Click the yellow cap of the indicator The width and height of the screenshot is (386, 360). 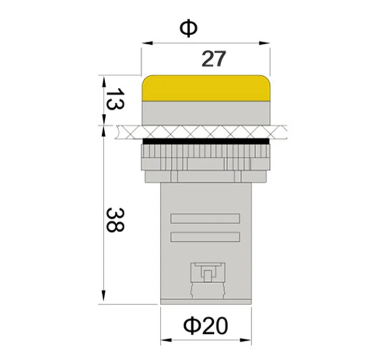pyautogui.click(x=206, y=88)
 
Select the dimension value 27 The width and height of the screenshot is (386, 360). pyautogui.click(x=213, y=59)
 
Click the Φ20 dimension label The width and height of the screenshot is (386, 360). pyautogui.click(x=206, y=327)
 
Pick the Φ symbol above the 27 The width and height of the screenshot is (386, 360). pyautogui.click(x=188, y=29)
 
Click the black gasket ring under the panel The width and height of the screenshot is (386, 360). pyautogui.click(x=206, y=141)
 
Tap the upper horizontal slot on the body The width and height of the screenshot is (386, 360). pyautogui.click(x=206, y=219)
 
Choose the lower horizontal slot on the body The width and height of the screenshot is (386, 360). pyautogui.click(x=206, y=237)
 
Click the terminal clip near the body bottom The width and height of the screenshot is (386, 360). pyautogui.click(x=207, y=275)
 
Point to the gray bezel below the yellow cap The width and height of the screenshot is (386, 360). pyautogui.click(x=206, y=113)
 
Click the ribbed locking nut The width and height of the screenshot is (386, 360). pyautogui.click(x=206, y=157)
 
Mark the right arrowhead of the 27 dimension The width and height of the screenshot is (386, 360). pyautogui.click(x=265, y=43)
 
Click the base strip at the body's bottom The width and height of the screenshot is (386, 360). pyautogui.click(x=206, y=302)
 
